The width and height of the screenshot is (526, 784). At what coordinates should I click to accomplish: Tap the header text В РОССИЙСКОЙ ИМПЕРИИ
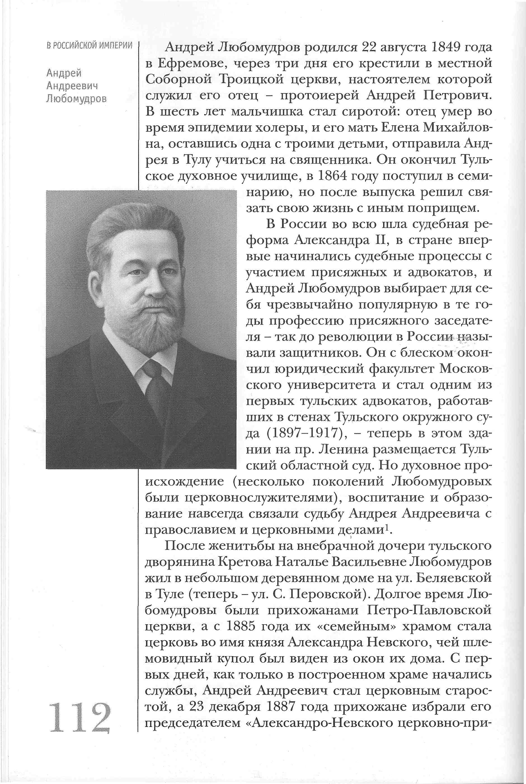pyautogui.click(x=90, y=46)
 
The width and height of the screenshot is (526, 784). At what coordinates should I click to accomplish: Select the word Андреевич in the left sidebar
pyautogui.click(x=72, y=86)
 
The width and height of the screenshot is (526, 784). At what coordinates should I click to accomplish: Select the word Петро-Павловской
pyautogui.click(x=429, y=610)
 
